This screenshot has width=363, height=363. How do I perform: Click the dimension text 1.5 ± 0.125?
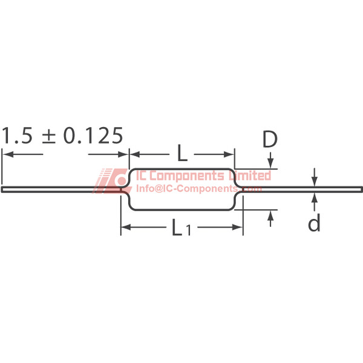click(x=62, y=136)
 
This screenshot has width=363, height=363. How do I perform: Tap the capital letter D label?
click(x=270, y=139)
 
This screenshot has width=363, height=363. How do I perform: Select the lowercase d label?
click(x=314, y=223)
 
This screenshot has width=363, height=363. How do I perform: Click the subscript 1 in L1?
click(x=188, y=230)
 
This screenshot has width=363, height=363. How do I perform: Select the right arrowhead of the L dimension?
click(x=229, y=154)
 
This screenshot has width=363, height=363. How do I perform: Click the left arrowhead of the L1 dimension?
click(x=126, y=227)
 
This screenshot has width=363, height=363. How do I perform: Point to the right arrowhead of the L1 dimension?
click(x=238, y=227)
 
